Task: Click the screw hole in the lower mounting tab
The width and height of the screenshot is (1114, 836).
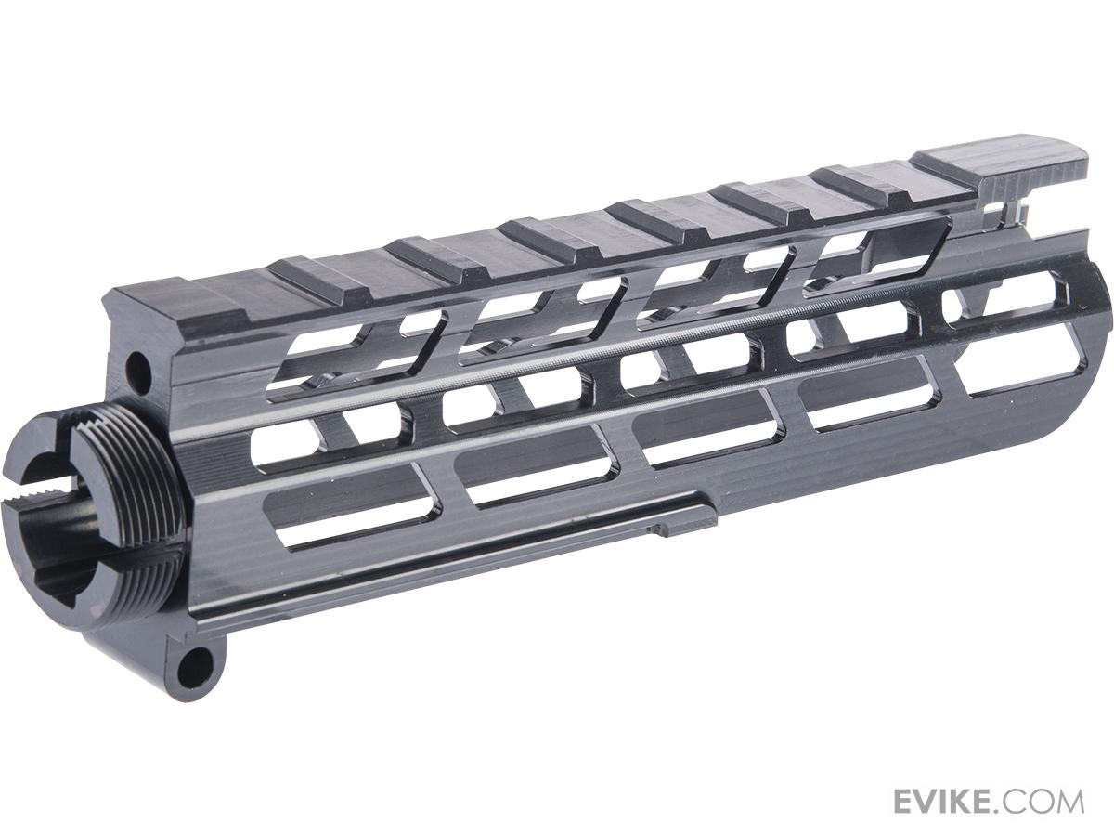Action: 195,662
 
